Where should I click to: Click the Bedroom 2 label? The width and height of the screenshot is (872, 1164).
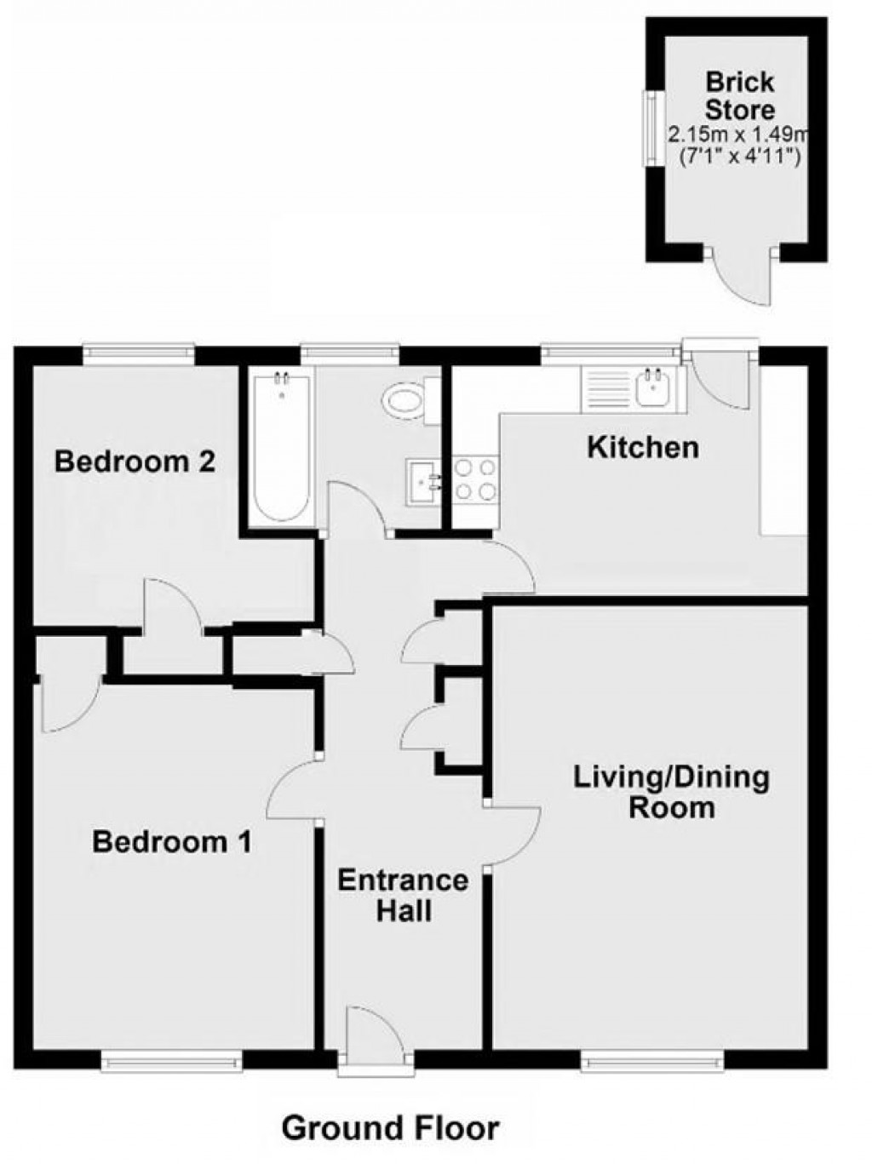click(x=135, y=462)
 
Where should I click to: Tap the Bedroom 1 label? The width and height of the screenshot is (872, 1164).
click(x=172, y=843)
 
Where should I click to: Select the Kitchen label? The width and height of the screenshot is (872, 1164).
click(x=643, y=447)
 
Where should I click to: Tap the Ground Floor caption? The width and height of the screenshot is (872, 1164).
click(x=390, y=1128)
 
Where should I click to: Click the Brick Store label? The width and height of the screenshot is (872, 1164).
click(x=740, y=96)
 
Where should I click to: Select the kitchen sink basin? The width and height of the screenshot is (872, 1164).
click(x=654, y=389)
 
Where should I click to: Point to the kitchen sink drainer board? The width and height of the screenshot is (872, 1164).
click(x=606, y=389)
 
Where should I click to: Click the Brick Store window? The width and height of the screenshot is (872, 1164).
click(x=651, y=129)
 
